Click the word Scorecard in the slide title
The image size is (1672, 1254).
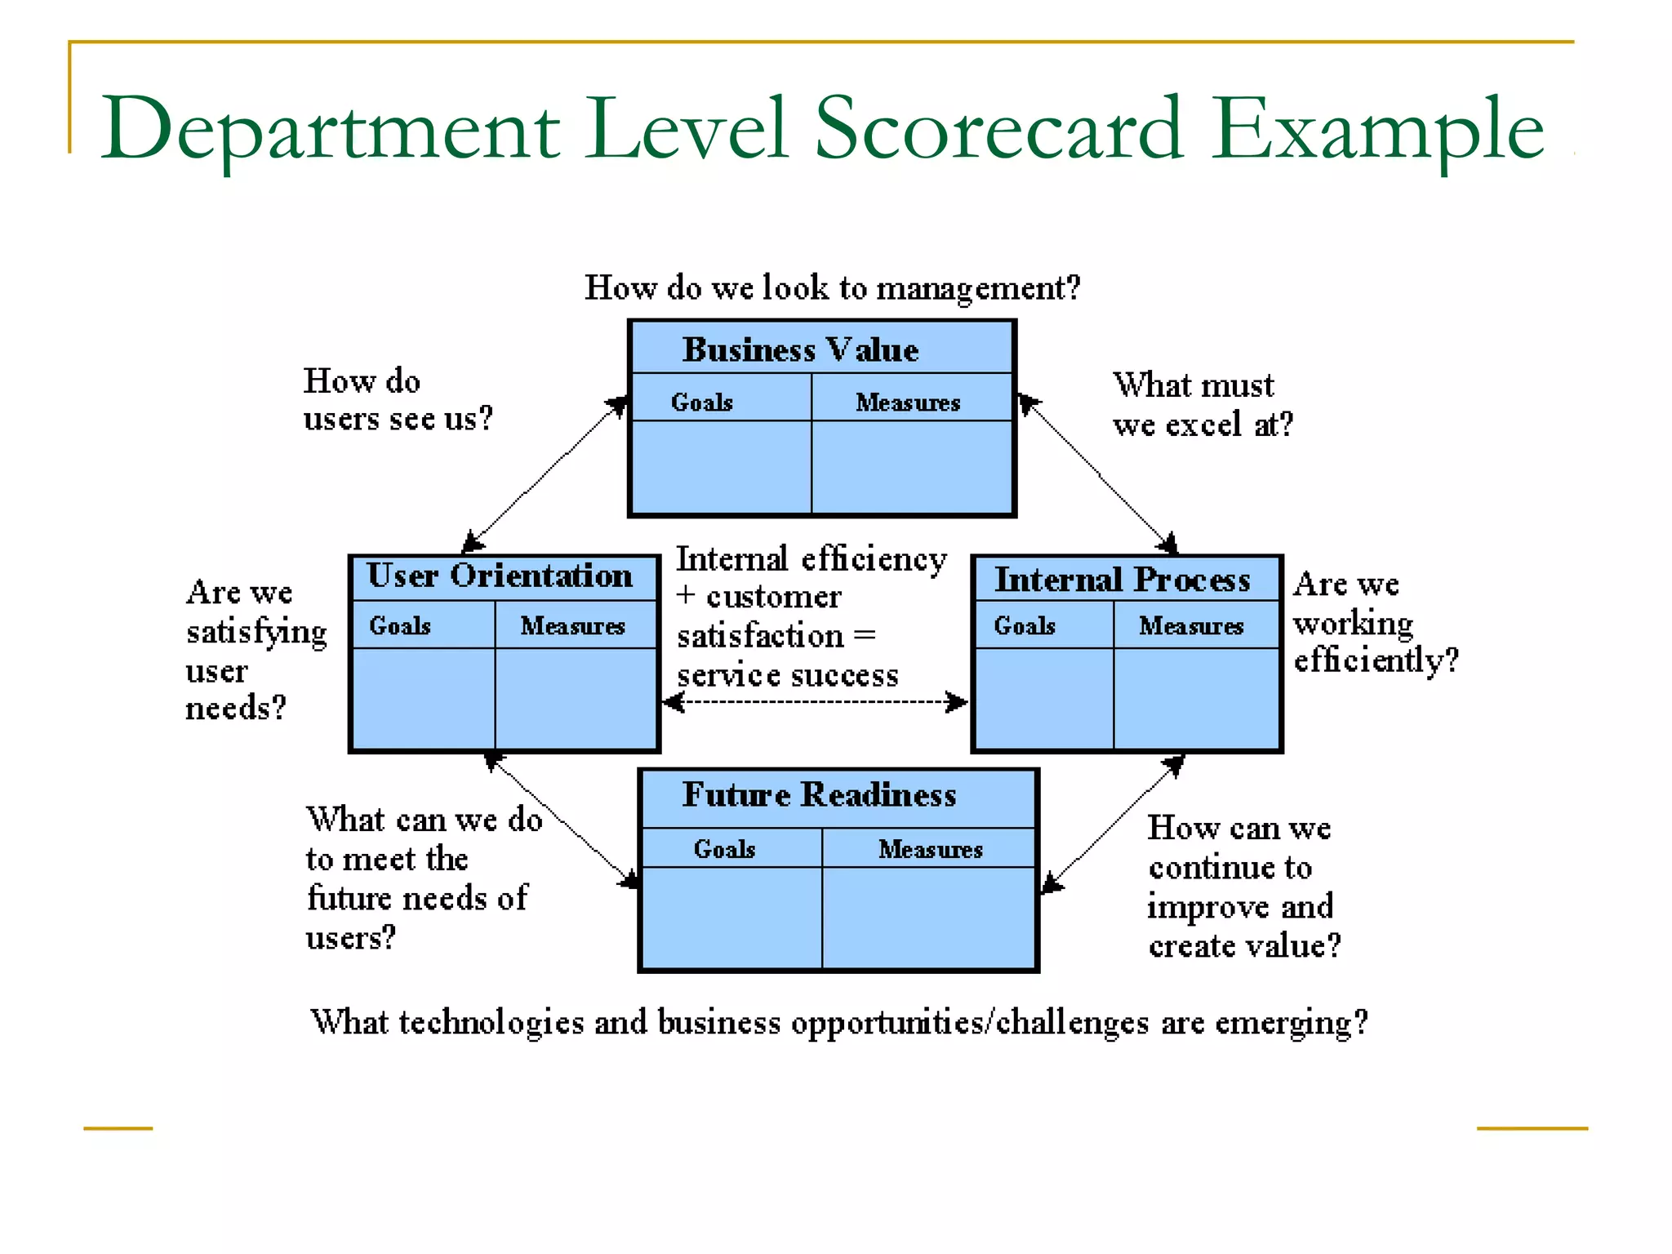[x=998, y=129]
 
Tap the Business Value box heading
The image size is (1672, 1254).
[x=800, y=349]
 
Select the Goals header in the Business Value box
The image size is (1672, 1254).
[x=701, y=402]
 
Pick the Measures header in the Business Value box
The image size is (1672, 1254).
[x=907, y=402]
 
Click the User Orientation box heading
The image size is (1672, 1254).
[x=499, y=576]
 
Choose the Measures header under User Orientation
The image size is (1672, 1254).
[x=572, y=625]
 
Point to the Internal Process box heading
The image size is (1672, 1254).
[x=1122, y=580]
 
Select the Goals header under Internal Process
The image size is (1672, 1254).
[x=1024, y=625]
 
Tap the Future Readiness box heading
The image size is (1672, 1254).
[x=819, y=794]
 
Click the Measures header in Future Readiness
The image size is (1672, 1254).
[x=930, y=849]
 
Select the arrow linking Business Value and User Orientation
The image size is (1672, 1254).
[x=545, y=475]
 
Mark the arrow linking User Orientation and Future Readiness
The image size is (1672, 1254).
[x=563, y=820]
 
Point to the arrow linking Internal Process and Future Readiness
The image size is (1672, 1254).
[x=1114, y=823]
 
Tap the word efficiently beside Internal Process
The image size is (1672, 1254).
[x=1375, y=660]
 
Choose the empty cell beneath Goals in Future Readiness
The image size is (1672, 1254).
[x=731, y=918]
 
